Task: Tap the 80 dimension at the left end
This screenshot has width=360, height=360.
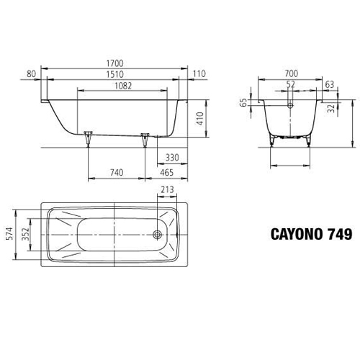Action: click(x=30, y=73)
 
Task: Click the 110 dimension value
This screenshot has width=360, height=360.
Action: click(x=199, y=73)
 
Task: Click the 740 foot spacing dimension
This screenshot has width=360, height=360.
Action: click(x=117, y=174)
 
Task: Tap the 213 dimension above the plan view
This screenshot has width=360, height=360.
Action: click(x=166, y=191)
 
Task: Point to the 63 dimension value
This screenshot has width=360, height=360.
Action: click(x=329, y=84)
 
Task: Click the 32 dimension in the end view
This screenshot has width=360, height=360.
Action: click(x=330, y=109)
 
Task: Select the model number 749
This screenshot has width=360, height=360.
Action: click(x=338, y=235)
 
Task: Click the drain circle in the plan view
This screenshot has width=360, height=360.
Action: click(x=158, y=235)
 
